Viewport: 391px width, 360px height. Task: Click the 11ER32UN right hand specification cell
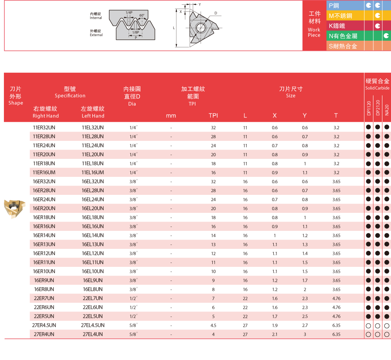click(x=44, y=128)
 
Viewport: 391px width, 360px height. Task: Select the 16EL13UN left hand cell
click(x=93, y=245)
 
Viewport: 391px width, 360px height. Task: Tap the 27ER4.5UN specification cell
click(x=44, y=326)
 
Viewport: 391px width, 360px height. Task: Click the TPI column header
click(x=213, y=115)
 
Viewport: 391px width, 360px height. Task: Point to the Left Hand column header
click(x=93, y=116)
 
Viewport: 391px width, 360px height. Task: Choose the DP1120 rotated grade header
click(x=369, y=108)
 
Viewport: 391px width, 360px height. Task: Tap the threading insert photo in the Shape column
click(x=14, y=209)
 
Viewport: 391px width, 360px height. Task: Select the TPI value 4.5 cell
click(x=213, y=326)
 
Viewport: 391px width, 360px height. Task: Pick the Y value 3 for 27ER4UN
click(x=305, y=335)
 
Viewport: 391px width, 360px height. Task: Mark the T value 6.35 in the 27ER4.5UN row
click(x=336, y=326)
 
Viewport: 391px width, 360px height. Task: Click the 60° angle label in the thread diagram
click(x=142, y=16)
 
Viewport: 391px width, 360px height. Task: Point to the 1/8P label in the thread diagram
click(x=136, y=32)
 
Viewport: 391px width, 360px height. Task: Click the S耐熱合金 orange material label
click(x=343, y=46)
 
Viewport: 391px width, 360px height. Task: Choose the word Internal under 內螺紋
click(x=96, y=18)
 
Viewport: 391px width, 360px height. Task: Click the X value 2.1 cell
click(x=275, y=335)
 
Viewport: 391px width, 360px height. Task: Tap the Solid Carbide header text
click(x=377, y=88)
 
